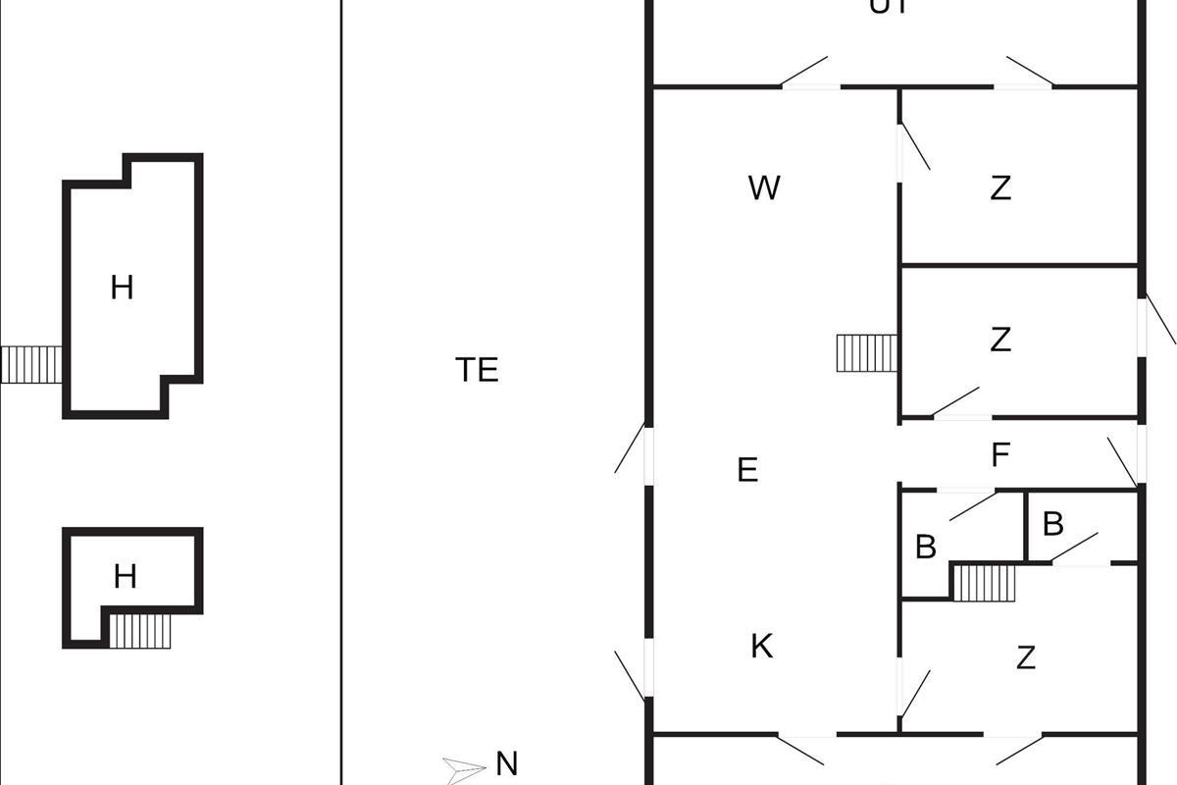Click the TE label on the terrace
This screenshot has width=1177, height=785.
pos(477,370)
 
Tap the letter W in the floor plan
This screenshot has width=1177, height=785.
pos(764,187)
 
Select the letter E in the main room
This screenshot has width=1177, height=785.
pos(747,470)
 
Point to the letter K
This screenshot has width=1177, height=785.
pos(761,647)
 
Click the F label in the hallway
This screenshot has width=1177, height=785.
pos(1000,455)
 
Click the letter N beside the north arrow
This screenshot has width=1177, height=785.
pos(506,763)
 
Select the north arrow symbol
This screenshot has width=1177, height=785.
pos(465,767)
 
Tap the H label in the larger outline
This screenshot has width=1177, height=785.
pos(122,288)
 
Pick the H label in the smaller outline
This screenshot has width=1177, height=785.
pos(125,576)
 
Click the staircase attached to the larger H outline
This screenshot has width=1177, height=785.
pos(31,364)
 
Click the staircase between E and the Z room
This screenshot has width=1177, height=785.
pos(867,353)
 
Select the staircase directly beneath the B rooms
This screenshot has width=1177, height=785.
pos(986,583)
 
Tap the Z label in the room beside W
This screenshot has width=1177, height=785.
pos(1000,187)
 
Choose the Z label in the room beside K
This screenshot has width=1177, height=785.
pos(1026,657)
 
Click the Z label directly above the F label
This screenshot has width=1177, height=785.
pos(1000,340)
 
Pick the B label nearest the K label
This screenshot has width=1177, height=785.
pos(925,548)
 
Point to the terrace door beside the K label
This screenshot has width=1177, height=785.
pos(631,675)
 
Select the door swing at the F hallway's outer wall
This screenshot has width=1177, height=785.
pos(1124,461)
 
